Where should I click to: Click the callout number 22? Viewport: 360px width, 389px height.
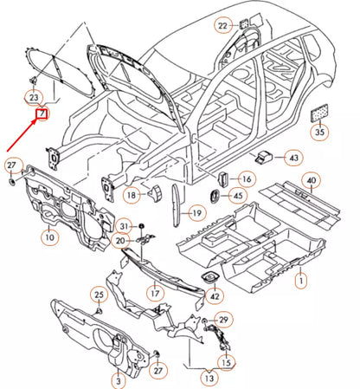pyautogui.click(x=222, y=26)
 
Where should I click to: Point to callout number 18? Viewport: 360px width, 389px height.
pyautogui.click(x=132, y=197)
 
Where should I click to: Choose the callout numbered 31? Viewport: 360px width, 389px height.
pyautogui.click(x=125, y=226)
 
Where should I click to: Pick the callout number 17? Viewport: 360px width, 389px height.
pyautogui.click(x=155, y=294)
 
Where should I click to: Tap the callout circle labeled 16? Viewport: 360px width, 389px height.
pyautogui.click(x=246, y=179)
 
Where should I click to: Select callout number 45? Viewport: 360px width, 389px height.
pyautogui.click(x=236, y=197)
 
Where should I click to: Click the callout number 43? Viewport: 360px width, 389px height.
pyautogui.click(x=293, y=158)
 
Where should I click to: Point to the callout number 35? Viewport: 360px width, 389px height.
pyautogui.click(x=320, y=132)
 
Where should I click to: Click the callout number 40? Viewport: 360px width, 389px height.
pyautogui.click(x=311, y=180)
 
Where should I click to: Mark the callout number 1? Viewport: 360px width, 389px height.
pyautogui.click(x=301, y=280)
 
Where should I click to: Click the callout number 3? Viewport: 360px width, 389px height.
pyautogui.click(x=118, y=380)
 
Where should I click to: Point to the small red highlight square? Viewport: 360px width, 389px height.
pyautogui.click(x=40, y=112)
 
